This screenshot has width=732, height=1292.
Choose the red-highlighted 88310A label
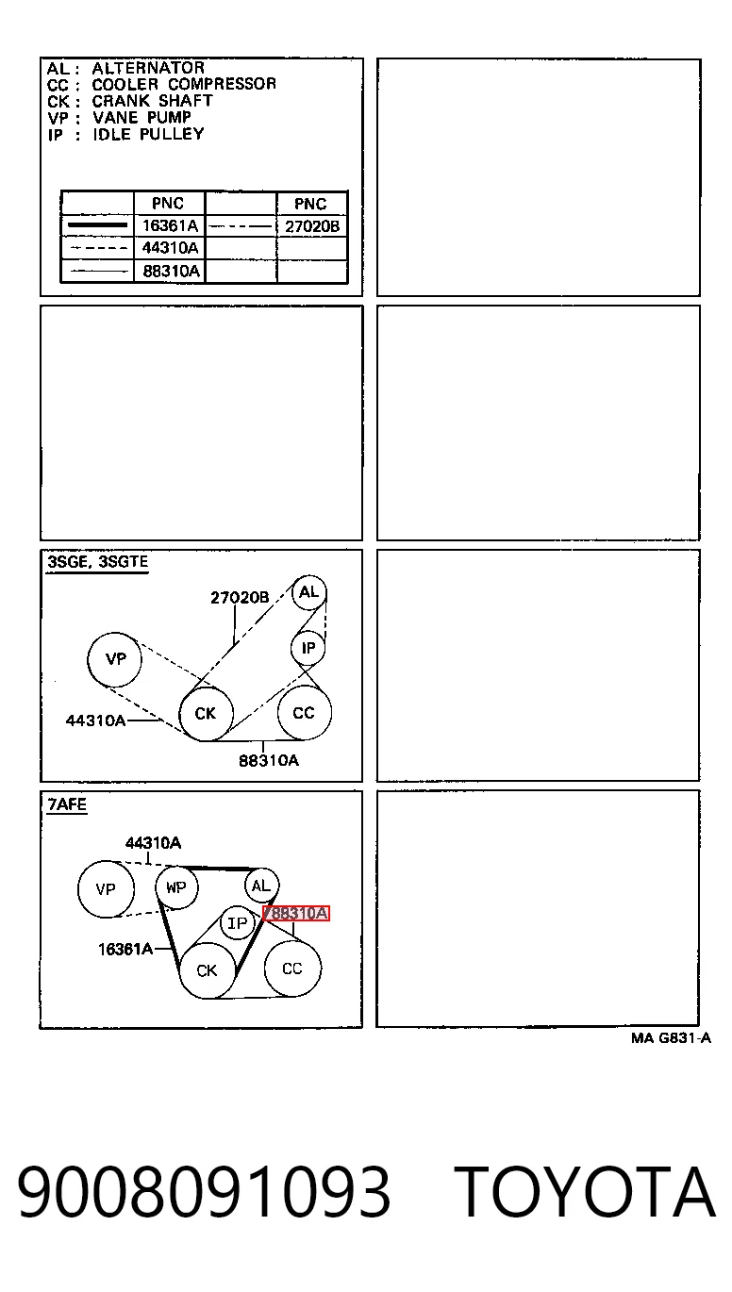[x=296, y=913]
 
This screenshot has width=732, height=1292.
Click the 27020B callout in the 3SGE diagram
[x=240, y=597]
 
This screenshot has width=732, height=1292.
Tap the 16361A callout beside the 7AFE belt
[x=125, y=949]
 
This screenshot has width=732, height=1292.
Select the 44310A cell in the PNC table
[x=170, y=247]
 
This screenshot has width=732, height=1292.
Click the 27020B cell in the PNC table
[x=312, y=226]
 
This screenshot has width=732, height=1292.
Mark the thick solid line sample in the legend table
[x=97, y=225]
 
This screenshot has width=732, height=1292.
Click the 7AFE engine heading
[x=67, y=804]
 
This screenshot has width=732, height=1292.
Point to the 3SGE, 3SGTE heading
[x=97, y=562]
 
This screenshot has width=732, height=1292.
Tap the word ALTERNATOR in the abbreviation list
[x=148, y=68]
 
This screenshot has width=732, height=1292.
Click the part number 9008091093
[x=204, y=1191]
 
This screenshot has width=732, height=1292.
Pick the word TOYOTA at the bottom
[x=584, y=1191]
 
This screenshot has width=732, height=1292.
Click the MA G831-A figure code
[x=671, y=1038]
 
